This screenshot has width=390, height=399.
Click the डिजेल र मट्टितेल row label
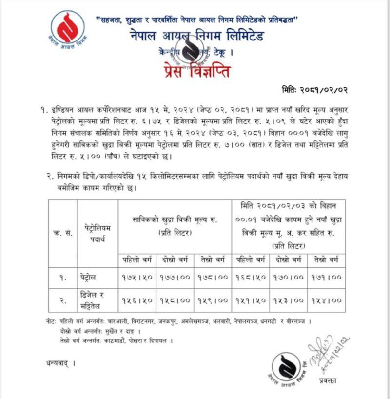pyautogui.click(x=93, y=299)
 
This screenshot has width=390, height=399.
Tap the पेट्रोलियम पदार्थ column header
pyautogui.click(x=97, y=233)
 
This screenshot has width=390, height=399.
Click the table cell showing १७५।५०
pyautogui.click(x=137, y=277)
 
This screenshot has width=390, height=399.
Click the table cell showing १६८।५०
pyautogui.click(x=251, y=277)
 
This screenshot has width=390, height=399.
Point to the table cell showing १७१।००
pyautogui.click(x=327, y=277)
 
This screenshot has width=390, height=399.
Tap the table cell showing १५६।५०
pyautogui.click(x=137, y=299)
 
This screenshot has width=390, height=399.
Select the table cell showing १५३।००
pyautogui.click(x=289, y=299)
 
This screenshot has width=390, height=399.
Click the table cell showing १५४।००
pyautogui.click(x=327, y=299)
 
